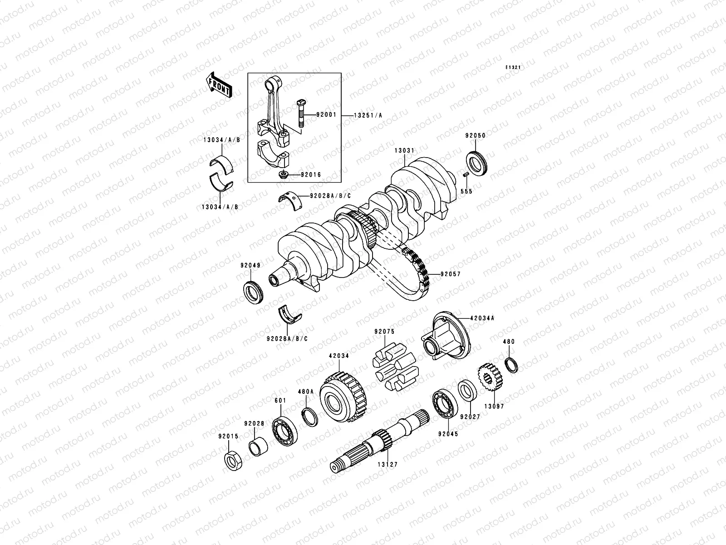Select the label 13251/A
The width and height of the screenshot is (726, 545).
(x=368, y=115)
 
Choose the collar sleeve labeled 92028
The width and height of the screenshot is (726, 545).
(x=258, y=446)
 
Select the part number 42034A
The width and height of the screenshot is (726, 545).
(x=482, y=318)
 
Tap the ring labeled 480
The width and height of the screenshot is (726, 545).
(x=511, y=365)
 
